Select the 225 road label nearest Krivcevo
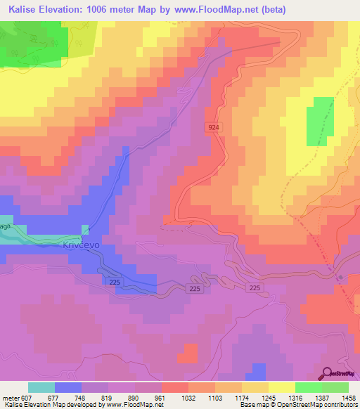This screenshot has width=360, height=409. (115, 281)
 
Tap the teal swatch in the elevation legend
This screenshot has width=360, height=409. (41, 387)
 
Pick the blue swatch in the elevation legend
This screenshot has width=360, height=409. (68, 387)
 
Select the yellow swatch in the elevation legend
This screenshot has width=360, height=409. (282, 387)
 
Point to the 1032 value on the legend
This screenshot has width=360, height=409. (187, 397)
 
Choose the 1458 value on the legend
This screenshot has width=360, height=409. (340, 397)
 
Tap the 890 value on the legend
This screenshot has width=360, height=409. (136, 397)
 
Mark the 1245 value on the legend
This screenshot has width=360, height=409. (264, 397)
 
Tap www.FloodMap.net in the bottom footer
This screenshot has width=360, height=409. (141, 405)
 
